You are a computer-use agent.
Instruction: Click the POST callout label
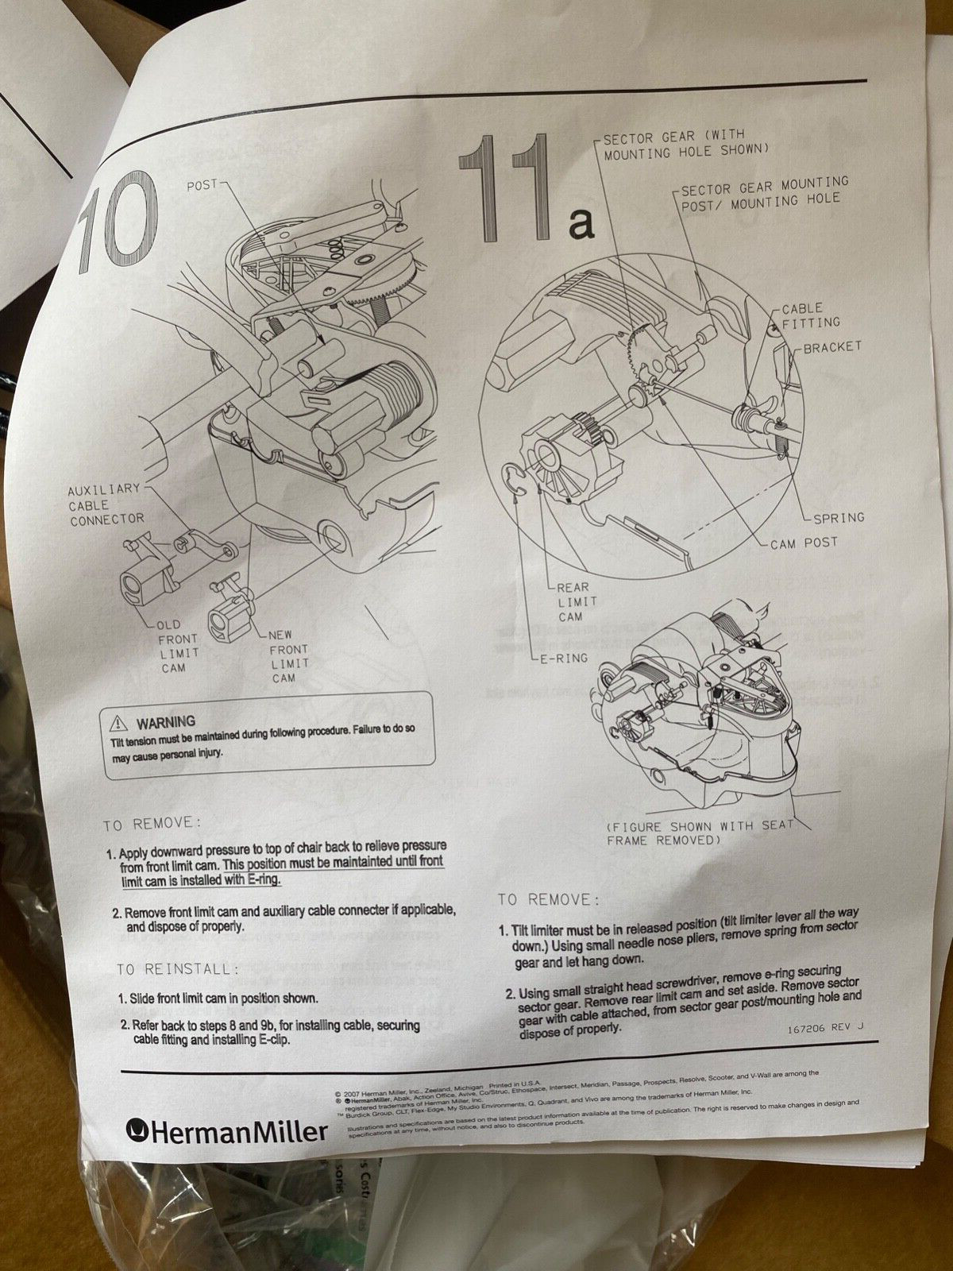(201, 184)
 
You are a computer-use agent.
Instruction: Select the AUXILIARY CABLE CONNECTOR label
(106, 504)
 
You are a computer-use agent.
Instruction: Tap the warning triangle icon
(119, 722)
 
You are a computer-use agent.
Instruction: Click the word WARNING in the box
(166, 721)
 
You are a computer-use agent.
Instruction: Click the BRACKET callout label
(831, 347)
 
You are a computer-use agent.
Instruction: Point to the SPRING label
(838, 517)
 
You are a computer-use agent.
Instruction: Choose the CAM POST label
(803, 544)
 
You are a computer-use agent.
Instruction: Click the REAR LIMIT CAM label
(573, 601)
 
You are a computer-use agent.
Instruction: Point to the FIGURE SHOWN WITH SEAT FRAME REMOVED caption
(699, 832)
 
